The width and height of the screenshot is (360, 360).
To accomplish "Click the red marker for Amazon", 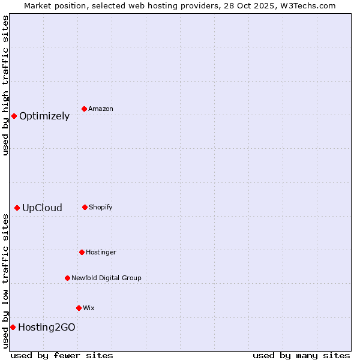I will [84, 109].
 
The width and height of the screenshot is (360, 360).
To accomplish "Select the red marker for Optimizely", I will [14, 116].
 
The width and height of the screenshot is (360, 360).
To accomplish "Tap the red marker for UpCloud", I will [17, 208].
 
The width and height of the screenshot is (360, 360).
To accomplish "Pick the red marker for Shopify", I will [85, 207].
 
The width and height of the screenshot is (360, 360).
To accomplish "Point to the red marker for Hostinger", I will [82, 252].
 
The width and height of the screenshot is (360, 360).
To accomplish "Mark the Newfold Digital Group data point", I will [67, 278].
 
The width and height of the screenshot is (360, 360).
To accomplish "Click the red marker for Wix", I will [79, 308].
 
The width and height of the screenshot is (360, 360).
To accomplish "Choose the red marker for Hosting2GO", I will [13, 327].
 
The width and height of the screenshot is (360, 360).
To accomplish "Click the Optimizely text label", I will [44, 116].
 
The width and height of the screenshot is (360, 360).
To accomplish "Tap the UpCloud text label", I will [42, 208].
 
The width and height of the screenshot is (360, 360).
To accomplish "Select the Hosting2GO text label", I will [47, 328].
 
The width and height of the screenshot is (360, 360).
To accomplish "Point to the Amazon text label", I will [101, 109].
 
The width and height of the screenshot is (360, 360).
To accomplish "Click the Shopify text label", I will [101, 208].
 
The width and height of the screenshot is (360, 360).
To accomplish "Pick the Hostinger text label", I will [101, 253].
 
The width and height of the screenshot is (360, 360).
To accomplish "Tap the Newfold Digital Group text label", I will [106, 278].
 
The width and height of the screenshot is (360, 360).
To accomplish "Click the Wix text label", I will [89, 308].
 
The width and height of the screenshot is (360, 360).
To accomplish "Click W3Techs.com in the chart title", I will [306, 5].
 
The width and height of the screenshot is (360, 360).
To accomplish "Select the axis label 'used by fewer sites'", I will [62, 355].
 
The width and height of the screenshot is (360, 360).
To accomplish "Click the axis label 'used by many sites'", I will [301, 355].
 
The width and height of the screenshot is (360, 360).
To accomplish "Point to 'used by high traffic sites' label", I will [5, 85].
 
